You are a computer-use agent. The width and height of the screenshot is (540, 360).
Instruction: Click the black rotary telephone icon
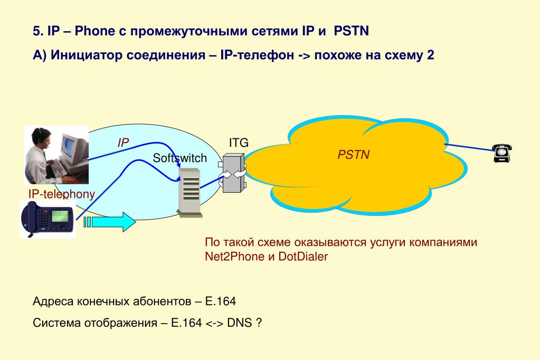pyautogui.click(x=502, y=152)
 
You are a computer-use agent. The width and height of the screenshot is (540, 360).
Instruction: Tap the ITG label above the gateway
pyautogui.click(x=238, y=143)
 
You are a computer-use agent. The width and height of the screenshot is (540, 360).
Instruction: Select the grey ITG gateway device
pyautogui.click(x=232, y=173)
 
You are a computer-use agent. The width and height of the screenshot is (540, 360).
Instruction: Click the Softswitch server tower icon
pyautogui.click(x=190, y=191)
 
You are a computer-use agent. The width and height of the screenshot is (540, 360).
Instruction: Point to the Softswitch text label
pyautogui.click(x=179, y=158)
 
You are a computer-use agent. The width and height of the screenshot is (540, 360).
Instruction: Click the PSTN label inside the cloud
pyautogui.click(x=354, y=155)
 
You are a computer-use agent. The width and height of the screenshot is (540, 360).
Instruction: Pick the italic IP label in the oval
pyautogui.click(x=123, y=143)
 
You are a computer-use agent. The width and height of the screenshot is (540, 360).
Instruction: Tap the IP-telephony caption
pyautogui.click(x=61, y=194)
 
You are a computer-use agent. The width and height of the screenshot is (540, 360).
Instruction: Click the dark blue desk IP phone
pyautogui.click(x=48, y=219)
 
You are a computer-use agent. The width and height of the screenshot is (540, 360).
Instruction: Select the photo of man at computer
pyautogui.click(x=56, y=153)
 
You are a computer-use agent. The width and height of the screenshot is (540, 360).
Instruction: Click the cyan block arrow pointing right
pyautogui.click(x=111, y=222)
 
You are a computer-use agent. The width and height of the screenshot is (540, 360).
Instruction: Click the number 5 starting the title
pyautogui.click(x=36, y=32)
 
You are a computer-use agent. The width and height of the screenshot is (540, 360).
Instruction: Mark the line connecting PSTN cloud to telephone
pyautogui.click(x=468, y=147)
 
